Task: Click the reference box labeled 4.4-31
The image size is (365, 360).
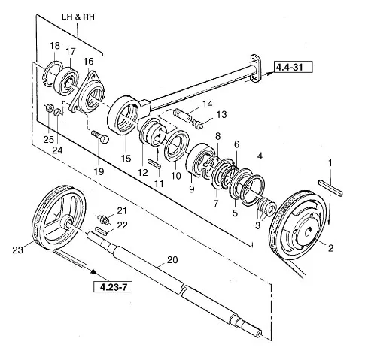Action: pos(293,67)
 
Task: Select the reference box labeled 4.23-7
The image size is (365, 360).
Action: pos(113,286)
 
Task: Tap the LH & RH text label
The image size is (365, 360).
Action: pos(78,17)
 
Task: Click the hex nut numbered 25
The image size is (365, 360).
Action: pos(49,108)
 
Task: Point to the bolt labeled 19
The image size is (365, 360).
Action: pos(100,137)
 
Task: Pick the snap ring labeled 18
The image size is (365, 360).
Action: pos(53,74)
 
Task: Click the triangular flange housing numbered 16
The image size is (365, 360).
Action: pos(88,92)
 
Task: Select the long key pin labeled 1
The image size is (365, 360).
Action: pos(330,187)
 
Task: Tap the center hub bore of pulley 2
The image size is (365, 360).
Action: pos(308,232)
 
